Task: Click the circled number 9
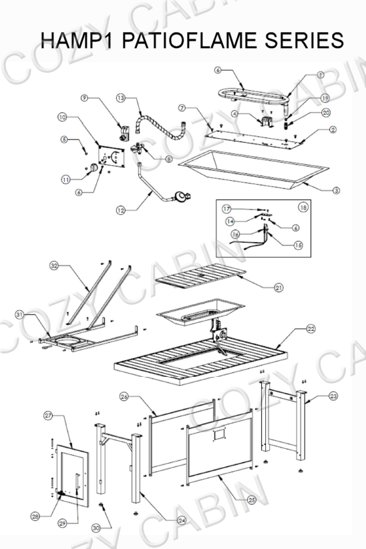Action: (85, 98)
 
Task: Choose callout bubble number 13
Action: (120, 98)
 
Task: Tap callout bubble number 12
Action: (120, 210)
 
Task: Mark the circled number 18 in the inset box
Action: (303, 207)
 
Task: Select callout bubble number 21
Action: (279, 288)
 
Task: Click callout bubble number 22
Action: (311, 328)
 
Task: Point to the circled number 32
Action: (54, 265)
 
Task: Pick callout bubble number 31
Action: (20, 314)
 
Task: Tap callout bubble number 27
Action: (48, 415)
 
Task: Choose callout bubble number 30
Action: (96, 528)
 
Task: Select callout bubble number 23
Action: (333, 396)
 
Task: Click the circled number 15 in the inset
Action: (298, 245)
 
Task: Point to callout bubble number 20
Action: (326, 113)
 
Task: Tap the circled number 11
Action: (65, 179)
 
